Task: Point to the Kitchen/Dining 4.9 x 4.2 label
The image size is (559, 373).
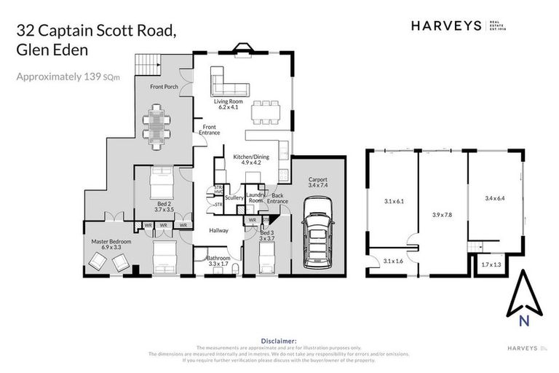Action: coord(247,160)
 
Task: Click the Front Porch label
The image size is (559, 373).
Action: coord(164,87)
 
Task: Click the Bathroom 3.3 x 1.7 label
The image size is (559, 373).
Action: coord(218,261)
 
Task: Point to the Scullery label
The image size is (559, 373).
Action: coord(234,197)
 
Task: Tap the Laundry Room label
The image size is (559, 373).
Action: coord(255,197)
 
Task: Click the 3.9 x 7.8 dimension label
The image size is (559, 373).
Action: coord(442,215)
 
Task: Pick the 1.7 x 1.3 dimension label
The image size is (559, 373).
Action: coord(491,264)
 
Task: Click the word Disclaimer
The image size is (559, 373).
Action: coord(278,340)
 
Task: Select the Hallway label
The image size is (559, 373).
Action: coord(219,231)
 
